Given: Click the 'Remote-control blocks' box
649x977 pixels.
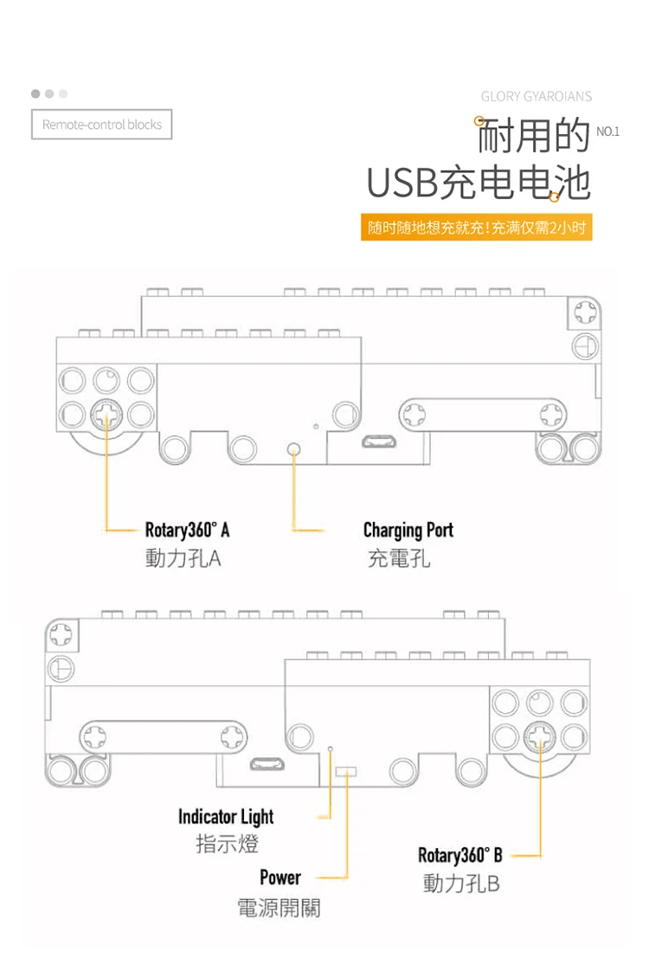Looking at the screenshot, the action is (x=101, y=125).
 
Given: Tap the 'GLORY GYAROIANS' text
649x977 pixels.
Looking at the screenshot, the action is (x=537, y=97).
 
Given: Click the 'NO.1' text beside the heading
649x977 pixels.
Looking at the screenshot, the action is (x=607, y=132).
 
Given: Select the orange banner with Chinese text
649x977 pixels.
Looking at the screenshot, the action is (x=477, y=228).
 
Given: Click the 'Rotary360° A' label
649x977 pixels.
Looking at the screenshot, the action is (x=188, y=530).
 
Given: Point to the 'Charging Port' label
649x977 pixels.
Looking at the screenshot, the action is (x=408, y=530).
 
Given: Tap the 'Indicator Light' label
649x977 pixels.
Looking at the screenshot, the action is (x=226, y=816).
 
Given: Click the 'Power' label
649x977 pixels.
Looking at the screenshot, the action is (x=280, y=877).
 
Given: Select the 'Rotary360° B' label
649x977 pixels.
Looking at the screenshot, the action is (x=459, y=855).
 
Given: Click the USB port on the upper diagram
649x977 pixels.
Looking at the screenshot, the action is (x=379, y=442).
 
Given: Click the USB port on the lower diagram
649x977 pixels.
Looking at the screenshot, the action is (x=267, y=764).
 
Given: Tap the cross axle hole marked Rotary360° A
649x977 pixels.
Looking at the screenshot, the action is (x=107, y=414).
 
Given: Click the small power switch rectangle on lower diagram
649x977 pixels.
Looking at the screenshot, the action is (x=345, y=772).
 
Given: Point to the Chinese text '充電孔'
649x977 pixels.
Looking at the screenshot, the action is (x=399, y=558).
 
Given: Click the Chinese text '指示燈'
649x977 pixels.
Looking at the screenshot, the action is (x=228, y=845).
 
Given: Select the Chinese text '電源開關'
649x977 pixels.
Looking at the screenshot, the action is (x=279, y=908).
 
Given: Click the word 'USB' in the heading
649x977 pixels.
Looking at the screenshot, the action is (x=402, y=183).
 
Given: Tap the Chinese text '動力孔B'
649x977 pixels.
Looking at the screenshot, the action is (x=461, y=884).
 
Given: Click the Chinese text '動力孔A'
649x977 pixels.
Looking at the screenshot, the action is (x=183, y=558).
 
